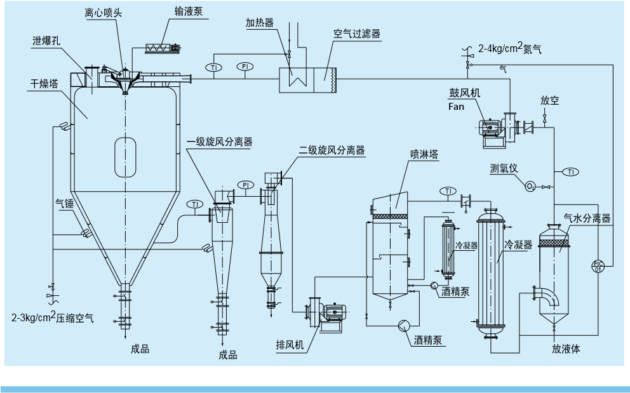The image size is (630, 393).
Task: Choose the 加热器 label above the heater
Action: coord(260,23)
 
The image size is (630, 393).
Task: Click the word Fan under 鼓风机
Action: coord(457,107)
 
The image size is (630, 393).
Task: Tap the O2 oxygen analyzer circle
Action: coord(530,186)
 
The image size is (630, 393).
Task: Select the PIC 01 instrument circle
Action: coord(598,266)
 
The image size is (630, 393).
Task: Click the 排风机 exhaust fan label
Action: coord(290,345)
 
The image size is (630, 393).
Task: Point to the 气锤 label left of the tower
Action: coord(65,203)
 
